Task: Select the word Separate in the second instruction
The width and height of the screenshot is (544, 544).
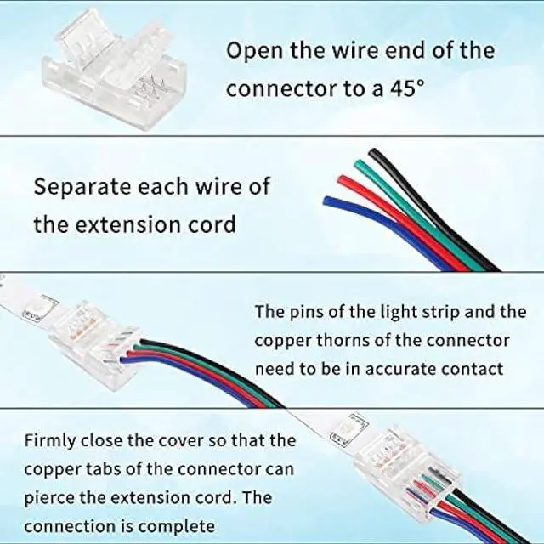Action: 76,186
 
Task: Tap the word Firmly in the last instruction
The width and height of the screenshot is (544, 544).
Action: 49,440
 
